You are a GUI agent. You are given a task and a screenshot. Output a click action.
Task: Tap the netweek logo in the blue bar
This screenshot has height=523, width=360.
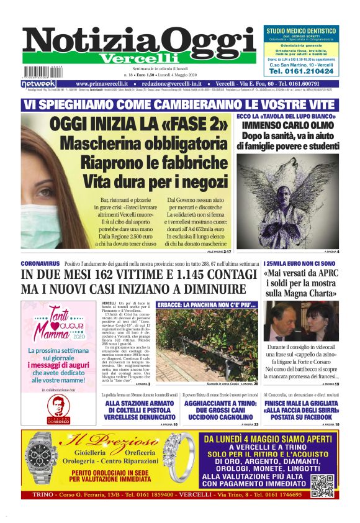(38, 83)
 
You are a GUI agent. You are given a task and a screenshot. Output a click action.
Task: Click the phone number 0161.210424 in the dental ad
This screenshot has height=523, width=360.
(301, 71)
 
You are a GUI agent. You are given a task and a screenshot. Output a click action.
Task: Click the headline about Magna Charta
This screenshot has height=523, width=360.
(301, 283)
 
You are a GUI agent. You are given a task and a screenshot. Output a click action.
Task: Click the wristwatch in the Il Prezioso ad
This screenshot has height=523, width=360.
(43, 460)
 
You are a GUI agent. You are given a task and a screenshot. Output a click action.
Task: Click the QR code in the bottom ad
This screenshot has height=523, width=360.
(323, 484)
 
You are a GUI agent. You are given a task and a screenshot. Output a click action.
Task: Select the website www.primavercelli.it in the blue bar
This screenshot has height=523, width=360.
(102, 83)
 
